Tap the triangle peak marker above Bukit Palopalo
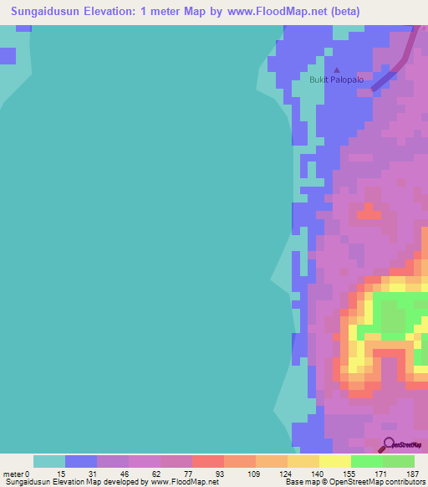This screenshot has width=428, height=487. [337, 70]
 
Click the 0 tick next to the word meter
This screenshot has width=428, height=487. [27, 474]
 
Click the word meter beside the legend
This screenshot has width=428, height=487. [13, 474]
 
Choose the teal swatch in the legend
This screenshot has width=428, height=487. [49, 461]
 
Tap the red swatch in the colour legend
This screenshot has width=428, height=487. [208, 461]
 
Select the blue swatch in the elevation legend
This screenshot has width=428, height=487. [81, 461]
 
